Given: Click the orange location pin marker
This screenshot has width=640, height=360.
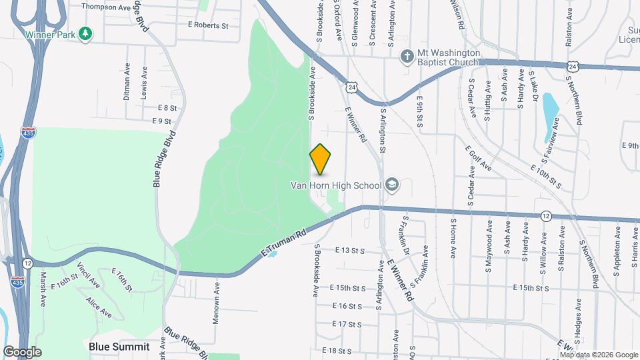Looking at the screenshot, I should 320,159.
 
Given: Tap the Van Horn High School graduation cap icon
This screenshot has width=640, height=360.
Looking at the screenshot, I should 392,185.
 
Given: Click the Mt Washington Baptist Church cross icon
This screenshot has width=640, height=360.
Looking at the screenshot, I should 405,57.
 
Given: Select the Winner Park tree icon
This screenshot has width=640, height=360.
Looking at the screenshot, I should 85,34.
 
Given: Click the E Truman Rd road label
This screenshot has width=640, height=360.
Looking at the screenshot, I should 283,243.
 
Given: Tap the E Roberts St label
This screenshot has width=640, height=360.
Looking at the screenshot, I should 208,25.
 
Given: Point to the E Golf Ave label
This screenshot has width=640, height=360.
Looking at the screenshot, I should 478,159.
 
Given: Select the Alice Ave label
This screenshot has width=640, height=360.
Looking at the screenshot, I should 99,307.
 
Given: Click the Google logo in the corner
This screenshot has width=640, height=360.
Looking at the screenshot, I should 21,351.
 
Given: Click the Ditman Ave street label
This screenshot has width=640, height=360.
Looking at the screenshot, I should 127,83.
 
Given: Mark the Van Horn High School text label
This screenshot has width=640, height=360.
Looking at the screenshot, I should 335,185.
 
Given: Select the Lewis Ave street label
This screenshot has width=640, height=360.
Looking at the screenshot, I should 144,83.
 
